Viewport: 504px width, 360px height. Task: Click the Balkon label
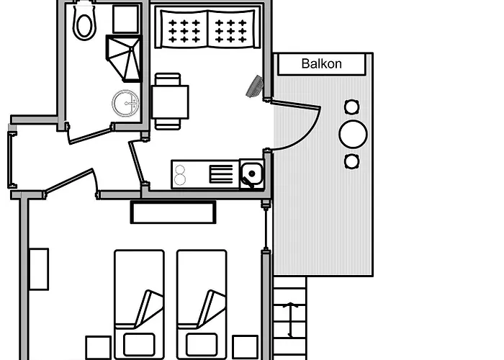[x=321, y=64]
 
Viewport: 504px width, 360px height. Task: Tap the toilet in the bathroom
[x=84, y=21]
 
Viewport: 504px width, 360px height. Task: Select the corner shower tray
[x=125, y=58]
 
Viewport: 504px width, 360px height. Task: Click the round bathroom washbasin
[x=125, y=103]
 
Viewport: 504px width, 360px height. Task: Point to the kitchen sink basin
[x=251, y=173]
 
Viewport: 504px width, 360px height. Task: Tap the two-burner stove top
[x=181, y=174]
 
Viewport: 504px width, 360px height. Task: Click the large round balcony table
[x=353, y=133]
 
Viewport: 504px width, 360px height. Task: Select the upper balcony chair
[x=351, y=107]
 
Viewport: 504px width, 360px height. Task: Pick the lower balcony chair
[x=351, y=161]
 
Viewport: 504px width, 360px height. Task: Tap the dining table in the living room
[x=171, y=102]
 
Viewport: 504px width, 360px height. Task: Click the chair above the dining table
[x=167, y=78]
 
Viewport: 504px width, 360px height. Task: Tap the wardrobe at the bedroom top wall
[x=173, y=212]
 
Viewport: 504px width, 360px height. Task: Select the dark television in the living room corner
[x=255, y=86]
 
